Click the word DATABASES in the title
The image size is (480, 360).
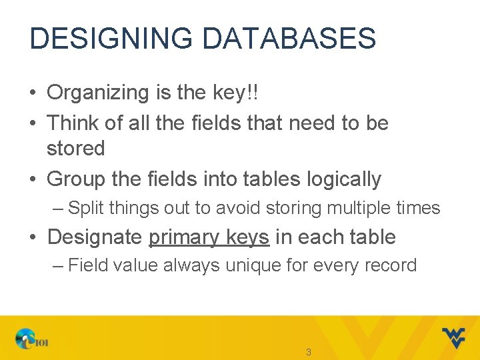point(289,39)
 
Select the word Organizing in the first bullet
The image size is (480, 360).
point(97,93)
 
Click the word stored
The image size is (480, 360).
point(75,148)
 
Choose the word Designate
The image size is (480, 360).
point(95,237)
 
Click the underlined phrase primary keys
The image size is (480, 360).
point(209,237)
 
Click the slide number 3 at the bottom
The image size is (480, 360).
point(308,351)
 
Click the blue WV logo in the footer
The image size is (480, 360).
point(453,338)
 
